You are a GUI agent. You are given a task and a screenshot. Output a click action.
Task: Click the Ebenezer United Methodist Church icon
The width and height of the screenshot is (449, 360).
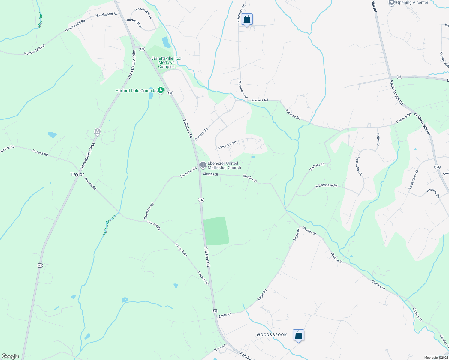click(x=203, y=165)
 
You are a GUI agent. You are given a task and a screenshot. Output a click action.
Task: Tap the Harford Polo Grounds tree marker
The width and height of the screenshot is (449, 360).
click(x=161, y=90)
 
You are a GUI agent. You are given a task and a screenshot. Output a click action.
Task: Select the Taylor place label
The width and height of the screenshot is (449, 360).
click(x=77, y=174)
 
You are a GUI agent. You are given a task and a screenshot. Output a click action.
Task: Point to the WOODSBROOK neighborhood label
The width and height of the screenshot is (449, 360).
click(x=272, y=335)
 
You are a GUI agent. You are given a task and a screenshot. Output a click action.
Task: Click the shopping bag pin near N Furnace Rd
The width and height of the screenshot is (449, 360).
click(x=247, y=19)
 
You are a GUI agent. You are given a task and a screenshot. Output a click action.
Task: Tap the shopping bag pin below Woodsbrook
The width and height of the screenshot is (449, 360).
click(x=298, y=335)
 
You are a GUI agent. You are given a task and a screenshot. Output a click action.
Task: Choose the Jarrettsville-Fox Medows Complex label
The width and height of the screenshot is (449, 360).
click(x=166, y=62)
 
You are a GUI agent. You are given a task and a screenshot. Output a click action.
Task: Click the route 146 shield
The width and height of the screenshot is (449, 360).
click(x=40, y=265)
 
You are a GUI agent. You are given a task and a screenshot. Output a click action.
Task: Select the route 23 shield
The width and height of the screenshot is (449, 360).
click(x=399, y=77)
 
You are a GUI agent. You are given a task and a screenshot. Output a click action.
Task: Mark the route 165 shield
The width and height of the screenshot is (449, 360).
click(x=437, y=166)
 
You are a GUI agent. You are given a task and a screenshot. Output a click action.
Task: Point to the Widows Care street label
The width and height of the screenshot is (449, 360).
click(x=227, y=145)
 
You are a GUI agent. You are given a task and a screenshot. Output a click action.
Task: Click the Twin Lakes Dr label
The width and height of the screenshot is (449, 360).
click(x=359, y=166)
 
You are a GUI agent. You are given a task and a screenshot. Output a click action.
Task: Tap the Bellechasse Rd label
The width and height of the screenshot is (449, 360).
click(x=326, y=186)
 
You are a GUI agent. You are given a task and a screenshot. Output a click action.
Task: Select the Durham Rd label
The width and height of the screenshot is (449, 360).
click(x=317, y=167)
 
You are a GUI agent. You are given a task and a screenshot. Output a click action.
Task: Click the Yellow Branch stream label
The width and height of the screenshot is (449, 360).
click(x=109, y=225)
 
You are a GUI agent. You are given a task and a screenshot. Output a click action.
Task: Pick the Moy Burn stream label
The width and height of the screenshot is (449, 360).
click(x=40, y=20)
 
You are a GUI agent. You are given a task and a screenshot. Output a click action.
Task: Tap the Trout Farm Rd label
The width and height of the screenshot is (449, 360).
click(x=413, y=179)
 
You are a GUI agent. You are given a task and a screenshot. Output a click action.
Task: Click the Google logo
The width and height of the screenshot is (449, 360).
click(x=10, y=356)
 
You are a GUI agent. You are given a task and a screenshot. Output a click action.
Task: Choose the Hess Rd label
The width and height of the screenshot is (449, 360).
click(x=220, y=348)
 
